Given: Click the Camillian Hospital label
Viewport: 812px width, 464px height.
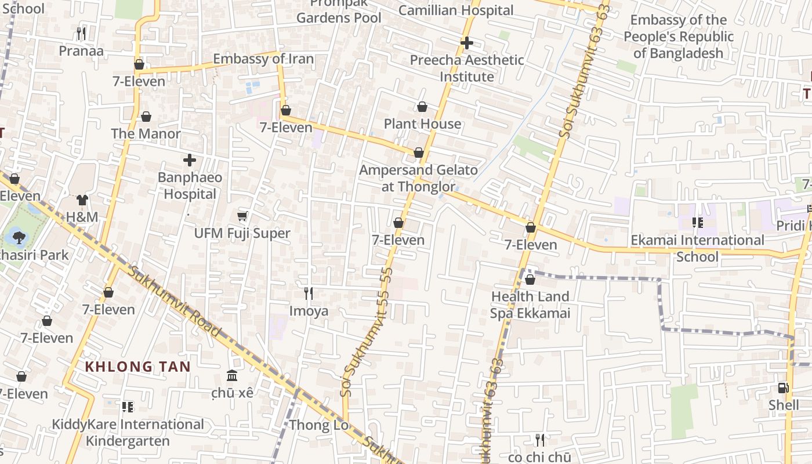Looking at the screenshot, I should click(x=456, y=10).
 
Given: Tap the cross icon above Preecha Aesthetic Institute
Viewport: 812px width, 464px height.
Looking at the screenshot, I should click(x=467, y=43).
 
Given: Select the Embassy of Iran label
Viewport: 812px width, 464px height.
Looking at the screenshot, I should click(x=263, y=59).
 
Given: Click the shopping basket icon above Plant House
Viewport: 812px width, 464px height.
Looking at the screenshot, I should click(x=422, y=107).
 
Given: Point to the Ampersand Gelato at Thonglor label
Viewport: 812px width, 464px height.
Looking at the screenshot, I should click(x=418, y=178).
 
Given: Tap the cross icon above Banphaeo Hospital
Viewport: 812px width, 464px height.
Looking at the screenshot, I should click(x=190, y=160).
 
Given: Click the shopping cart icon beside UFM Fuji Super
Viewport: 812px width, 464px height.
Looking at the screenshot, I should click(x=242, y=216).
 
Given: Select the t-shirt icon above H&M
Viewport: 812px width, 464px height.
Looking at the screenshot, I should click(x=82, y=200).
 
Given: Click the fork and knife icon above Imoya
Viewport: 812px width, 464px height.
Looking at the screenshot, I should click(x=309, y=293).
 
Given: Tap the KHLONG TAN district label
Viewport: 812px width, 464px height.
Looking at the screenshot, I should click(x=138, y=367).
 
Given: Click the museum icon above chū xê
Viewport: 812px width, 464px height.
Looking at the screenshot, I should click(x=233, y=376).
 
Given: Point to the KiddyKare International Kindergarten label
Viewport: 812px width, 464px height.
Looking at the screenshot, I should click(x=128, y=433).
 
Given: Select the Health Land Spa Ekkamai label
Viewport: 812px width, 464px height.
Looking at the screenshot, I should click(x=530, y=305).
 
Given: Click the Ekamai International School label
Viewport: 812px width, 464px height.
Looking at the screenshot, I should click(x=697, y=248).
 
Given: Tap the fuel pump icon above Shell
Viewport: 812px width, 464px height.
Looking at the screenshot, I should click(x=783, y=388).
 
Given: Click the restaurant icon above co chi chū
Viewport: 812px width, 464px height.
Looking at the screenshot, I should click(x=540, y=440).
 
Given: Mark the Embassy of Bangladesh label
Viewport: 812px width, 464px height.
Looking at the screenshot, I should click(x=679, y=37).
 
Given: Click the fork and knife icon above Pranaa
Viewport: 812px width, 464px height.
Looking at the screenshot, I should click(x=81, y=34).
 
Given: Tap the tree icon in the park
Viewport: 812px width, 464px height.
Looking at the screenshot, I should click(x=19, y=237).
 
